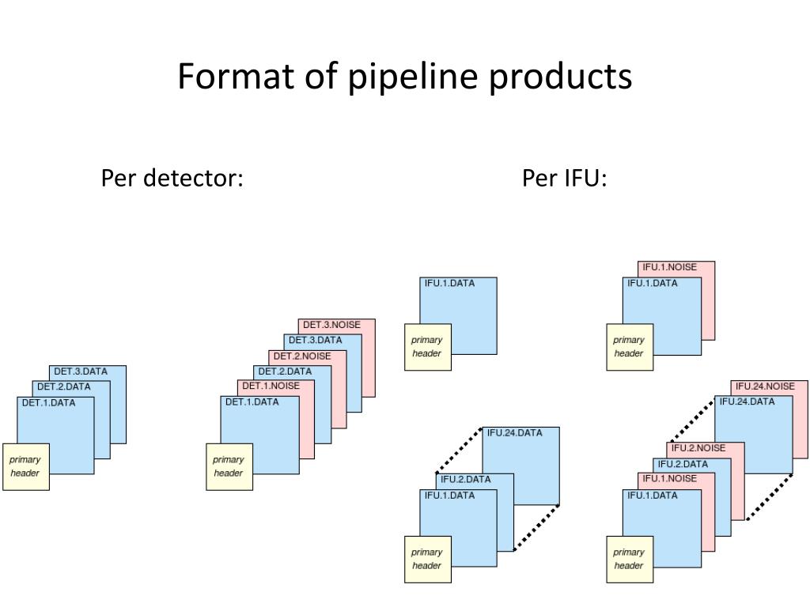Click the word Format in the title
237,76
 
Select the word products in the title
561,77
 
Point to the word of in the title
321,76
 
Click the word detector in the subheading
193,178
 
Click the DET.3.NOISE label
331,325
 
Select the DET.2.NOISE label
302,356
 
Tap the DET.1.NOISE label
271,386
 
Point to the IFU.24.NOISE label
765,386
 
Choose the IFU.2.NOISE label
698,448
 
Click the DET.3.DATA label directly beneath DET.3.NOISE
315,340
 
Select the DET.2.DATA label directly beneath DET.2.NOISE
285,371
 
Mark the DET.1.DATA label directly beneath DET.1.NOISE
252,402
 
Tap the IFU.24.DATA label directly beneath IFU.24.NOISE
747,402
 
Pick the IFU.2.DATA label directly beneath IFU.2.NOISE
683,464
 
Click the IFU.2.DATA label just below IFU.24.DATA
465,479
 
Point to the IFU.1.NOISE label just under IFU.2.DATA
669,478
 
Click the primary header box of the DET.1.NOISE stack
229,466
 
